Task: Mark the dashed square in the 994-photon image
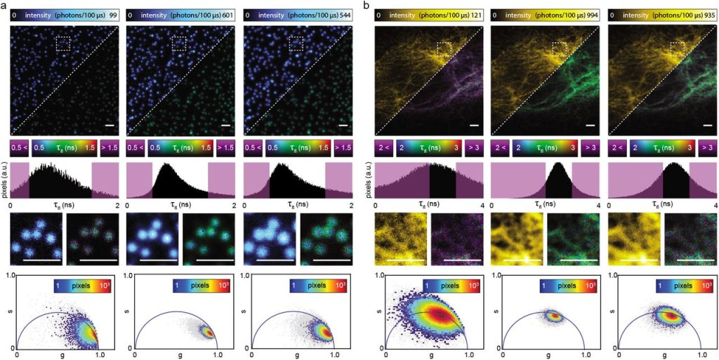[560, 49]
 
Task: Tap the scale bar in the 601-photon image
[225, 126]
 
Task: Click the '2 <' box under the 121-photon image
[385, 148]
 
